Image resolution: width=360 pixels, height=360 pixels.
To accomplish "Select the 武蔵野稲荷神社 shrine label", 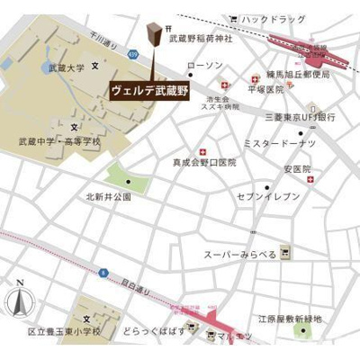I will tap(201, 40).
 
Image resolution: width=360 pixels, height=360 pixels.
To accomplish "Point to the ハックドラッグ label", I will tap(274, 19).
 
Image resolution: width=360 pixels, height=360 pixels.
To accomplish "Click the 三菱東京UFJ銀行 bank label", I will tap(300, 118).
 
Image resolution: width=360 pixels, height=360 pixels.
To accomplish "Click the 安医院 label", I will tap(296, 168).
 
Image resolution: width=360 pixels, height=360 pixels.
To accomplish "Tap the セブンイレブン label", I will tap(265, 195).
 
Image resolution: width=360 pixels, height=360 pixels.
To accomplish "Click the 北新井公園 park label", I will tap(109, 195).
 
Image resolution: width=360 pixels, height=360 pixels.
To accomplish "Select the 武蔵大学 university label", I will tap(67, 67).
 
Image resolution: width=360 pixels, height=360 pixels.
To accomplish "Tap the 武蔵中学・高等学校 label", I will tap(59, 141).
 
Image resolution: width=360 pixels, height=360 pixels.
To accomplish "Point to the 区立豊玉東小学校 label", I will tap(64, 331).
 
